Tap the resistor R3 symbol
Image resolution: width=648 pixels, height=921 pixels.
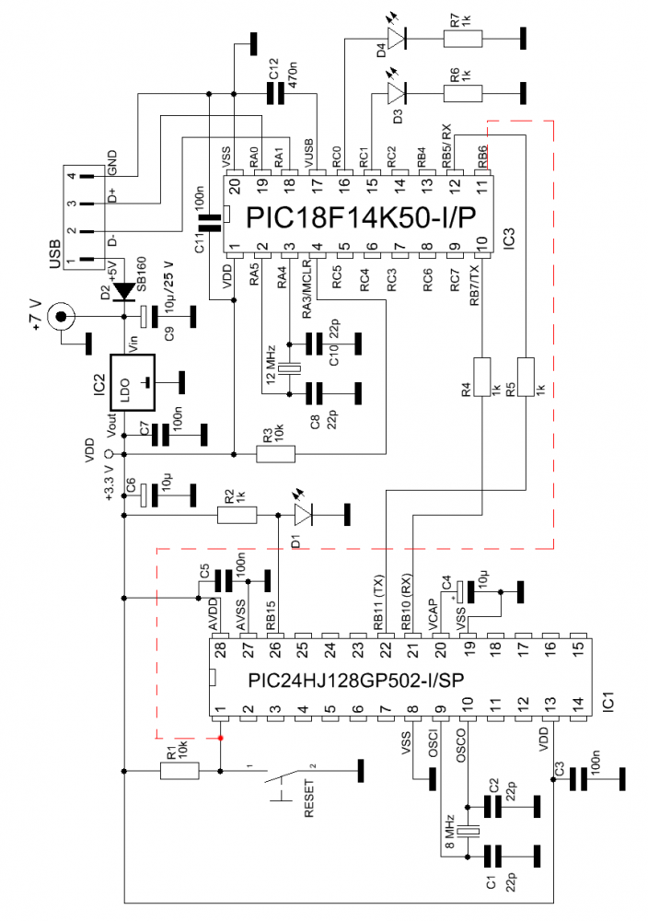pos(275,453)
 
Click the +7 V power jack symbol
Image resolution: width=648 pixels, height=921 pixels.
pos(63,318)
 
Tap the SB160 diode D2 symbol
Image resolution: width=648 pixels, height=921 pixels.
pos(124,291)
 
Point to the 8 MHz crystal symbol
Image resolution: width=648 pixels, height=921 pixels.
pos(470,832)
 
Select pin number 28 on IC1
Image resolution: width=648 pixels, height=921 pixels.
pos(219,650)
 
